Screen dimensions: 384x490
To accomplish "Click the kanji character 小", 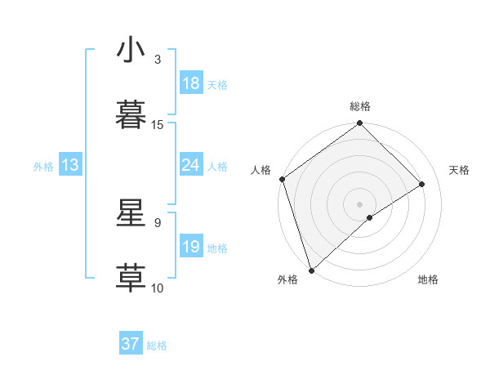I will click(x=131, y=50).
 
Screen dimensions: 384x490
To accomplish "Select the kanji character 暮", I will click(x=131, y=114).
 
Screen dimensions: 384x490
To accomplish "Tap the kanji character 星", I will click(x=131, y=213).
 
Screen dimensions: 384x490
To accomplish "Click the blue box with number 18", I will click(x=191, y=83).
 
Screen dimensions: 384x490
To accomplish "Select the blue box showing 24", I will click(x=191, y=166).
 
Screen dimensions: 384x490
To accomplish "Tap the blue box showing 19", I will click(x=191, y=247).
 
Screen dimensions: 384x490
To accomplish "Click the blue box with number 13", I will click(x=70, y=166).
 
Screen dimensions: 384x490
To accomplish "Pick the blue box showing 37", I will click(x=131, y=344).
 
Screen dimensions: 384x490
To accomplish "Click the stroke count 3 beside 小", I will click(x=158, y=60).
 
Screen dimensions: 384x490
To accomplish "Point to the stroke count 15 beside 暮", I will click(x=158, y=124).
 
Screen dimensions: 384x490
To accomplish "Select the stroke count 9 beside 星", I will click(x=158, y=222).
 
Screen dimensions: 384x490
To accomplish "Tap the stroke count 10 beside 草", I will click(x=158, y=288).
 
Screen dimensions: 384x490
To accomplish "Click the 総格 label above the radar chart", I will click(x=360, y=106).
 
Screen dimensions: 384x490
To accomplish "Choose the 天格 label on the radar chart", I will click(x=460, y=170).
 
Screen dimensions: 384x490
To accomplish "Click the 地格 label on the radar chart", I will click(x=428, y=280).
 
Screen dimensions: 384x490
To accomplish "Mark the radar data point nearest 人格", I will click(x=282, y=179).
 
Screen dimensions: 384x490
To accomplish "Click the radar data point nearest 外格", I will click(x=310, y=270).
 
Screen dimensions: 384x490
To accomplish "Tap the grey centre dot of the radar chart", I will click(x=359, y=203).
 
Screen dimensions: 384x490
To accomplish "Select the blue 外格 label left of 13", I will click(x=43, y=166).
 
